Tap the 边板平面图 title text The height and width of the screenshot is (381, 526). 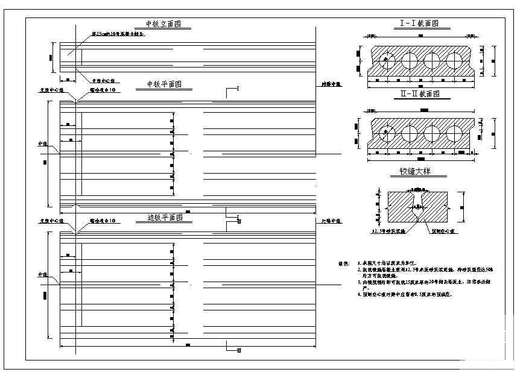[165, 217]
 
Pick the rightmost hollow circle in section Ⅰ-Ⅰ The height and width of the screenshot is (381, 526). [453, 61]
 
